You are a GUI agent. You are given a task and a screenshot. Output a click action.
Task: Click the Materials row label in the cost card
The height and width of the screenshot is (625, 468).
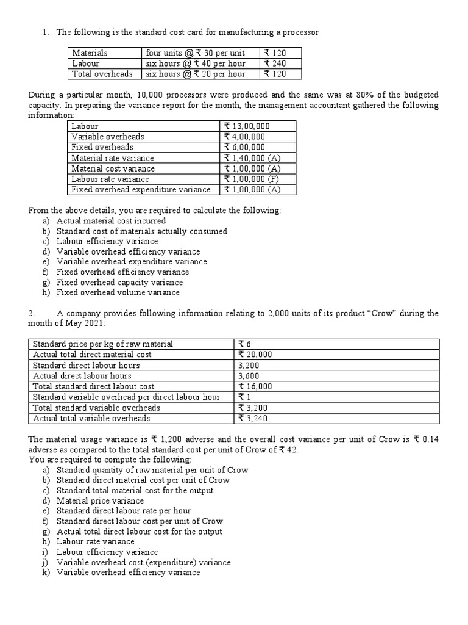[90, 53]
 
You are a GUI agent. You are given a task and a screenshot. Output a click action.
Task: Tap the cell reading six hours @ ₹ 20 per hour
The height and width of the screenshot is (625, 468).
[196, 74]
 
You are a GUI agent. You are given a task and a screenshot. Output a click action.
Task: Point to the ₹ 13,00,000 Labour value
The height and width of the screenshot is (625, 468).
[247, 126]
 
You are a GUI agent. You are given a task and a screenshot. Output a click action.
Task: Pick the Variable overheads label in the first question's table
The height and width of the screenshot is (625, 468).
[108, 137]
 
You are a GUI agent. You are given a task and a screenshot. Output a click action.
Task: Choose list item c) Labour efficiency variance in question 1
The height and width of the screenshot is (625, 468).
[107, 241]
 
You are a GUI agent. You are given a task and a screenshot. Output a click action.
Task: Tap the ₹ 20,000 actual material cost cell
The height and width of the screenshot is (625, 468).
[255, 354]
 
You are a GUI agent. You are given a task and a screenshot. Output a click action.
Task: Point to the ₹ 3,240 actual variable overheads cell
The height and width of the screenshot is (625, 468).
[253, 418]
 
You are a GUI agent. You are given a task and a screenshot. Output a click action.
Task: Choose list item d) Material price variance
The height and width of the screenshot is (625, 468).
[100, 500]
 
